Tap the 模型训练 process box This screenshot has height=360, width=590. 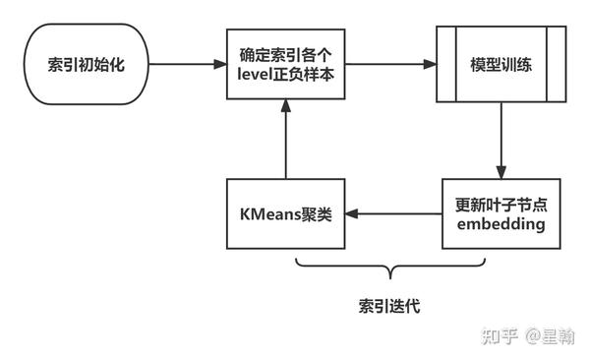point(501,64)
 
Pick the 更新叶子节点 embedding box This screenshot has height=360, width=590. point(501,213)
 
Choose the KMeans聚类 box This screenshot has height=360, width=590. point(285,213)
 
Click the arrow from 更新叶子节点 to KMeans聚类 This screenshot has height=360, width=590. point(392,213)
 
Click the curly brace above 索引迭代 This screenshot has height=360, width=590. point(391,267)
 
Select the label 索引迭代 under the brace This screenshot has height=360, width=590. point(389,306)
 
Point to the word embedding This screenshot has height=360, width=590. point(501,225)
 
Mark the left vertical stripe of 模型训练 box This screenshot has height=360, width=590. point(443,64)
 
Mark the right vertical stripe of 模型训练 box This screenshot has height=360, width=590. point(560,64)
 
